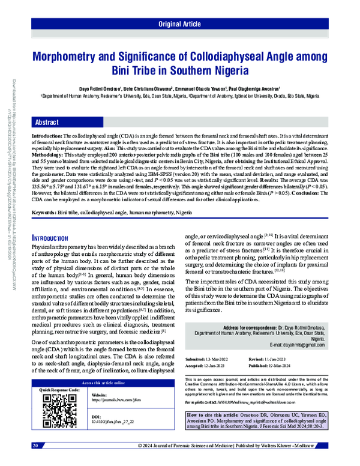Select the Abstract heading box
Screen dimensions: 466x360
coord(47,122)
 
